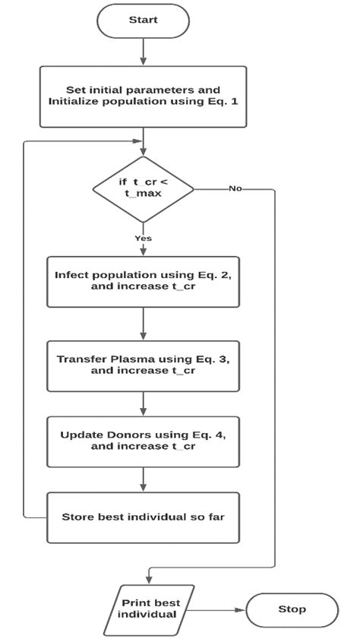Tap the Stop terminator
(292, 609)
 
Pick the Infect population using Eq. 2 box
(143, 282)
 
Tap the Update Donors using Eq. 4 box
(143, 440)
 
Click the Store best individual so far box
(143, 517)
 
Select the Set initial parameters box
(143, 96)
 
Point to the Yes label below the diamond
(143, 238)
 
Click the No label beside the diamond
(235, 188)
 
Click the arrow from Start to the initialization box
(143, 52)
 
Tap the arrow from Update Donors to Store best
(143, 479)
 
